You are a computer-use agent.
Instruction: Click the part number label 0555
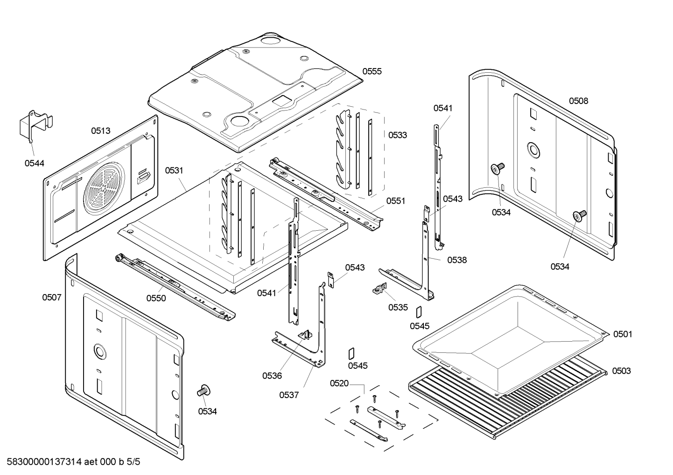click(372, 71)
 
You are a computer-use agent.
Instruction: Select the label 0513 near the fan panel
click(100, 131)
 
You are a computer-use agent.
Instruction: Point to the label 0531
click(174, 171)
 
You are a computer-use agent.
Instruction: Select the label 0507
click(51, 297)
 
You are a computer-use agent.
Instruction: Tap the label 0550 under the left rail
click(156, 298)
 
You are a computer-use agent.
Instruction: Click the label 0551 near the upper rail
click(395, 201)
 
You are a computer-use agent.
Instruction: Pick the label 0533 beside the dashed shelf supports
click(397, 135)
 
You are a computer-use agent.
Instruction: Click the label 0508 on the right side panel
click(578, 101)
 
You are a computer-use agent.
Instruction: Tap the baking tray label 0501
click(623, 334)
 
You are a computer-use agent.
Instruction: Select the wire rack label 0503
click(621, 371)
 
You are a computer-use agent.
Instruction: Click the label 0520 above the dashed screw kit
click(339, 384)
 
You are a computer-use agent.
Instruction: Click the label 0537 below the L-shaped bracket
click(289, 395)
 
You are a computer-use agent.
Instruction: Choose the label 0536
click(272, 376)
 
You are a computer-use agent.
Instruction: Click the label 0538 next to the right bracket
click(456, 260)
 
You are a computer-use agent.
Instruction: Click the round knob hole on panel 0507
click(99, 351)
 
